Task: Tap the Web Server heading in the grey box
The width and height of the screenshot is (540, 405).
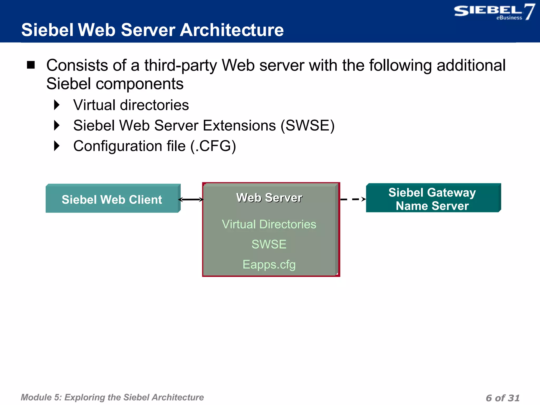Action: click(269, 198)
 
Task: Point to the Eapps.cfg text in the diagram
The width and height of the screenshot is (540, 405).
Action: click(269, 264)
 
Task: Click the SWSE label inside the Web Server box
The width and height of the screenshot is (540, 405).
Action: click(269, 244)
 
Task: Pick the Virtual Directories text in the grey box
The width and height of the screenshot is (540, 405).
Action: click(269, 224)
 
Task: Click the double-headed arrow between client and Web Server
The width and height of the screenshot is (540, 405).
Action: click(191, 200)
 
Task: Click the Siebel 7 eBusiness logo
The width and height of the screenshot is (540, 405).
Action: click(494, 12)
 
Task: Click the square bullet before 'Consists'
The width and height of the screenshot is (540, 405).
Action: click(31, 65)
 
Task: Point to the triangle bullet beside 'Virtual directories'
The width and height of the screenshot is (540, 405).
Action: click(57, 105)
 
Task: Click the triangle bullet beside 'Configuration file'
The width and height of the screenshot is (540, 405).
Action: click(57, 146)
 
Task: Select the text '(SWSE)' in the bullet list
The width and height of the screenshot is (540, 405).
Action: click(307, 126)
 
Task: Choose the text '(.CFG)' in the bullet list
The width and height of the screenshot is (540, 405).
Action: click(213, 146)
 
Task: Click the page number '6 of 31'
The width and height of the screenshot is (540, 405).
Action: click(503, 398)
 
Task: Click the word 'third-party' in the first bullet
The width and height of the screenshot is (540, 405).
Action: click(180, 65)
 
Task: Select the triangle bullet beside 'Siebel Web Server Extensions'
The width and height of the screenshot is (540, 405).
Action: click(57, 126)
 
